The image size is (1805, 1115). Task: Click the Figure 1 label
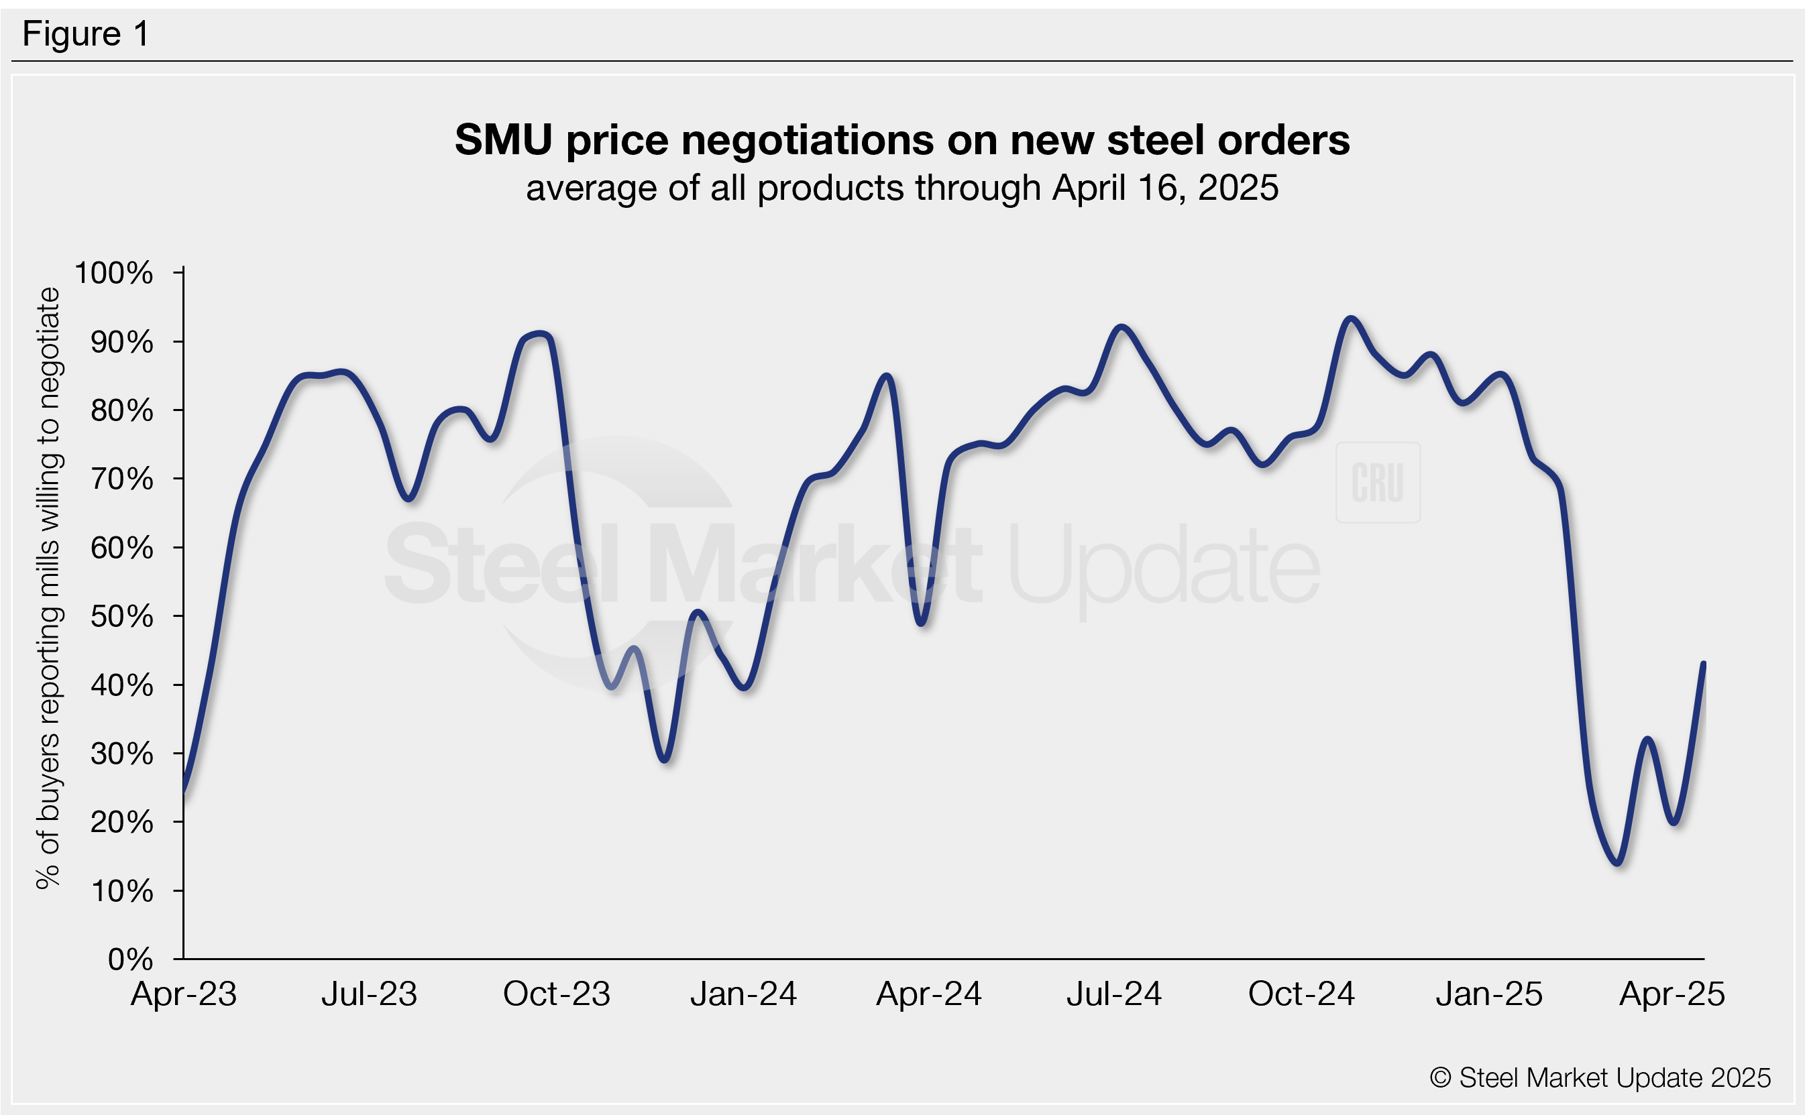86,34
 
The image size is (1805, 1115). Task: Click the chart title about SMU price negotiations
901,139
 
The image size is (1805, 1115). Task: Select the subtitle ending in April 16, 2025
901,188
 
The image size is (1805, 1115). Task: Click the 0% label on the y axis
130,959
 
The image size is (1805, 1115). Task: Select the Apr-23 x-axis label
184,994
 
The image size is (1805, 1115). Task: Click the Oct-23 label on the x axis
556,994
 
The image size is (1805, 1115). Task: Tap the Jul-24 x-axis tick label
1114,994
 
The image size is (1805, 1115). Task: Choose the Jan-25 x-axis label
1488,994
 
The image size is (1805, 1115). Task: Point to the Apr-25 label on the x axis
1672,994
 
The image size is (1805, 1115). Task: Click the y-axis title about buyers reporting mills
49,588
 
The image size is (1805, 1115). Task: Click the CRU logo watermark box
1377,482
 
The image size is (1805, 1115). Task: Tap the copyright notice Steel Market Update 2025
1600,1077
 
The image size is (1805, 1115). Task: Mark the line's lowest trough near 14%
1618,863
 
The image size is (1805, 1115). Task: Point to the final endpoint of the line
1703,663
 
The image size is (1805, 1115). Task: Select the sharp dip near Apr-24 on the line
922,624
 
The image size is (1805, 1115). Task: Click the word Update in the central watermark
1163,567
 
